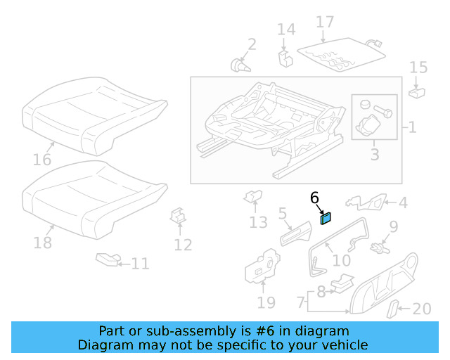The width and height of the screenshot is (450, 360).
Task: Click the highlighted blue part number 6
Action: [x=326, y=218]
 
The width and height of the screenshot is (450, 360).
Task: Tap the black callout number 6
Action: [x=314, y=198]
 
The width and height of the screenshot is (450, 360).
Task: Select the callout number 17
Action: [x=325, y=22]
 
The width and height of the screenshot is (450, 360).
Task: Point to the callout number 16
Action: [x=42, y=160]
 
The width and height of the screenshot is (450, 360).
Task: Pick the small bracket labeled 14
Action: [x=285, y=57]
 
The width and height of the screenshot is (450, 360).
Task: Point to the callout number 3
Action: [x=374, y=153]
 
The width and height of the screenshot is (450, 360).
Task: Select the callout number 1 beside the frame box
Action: [x=412, y=128]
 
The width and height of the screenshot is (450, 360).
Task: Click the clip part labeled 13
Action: [x=252, y=198]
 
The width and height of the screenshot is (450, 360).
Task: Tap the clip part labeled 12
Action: [x=179, y=217]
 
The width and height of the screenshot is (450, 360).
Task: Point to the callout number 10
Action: [x=341, y=260]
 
